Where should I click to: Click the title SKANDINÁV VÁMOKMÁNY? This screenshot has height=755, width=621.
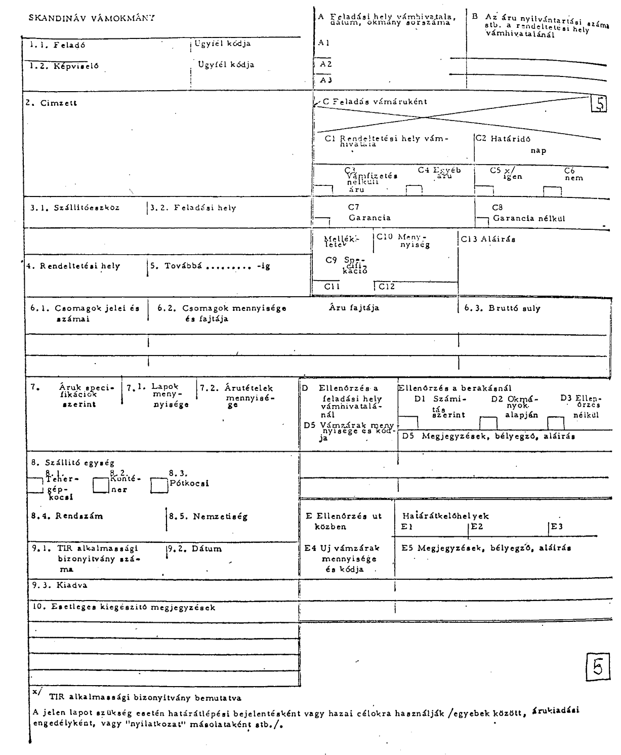[x=92, y=18]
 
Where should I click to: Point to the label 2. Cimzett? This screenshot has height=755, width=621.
[x=52, y=103]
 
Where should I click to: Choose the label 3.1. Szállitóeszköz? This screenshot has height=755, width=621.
[x=75, y=208]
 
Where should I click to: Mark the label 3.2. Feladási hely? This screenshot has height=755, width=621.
[x=193, y=208]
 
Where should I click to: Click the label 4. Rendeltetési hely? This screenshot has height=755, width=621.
[x=73, y=266]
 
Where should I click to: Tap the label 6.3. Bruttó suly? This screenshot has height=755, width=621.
[x=502, y=308]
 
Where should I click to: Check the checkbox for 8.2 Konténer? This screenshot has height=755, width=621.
[x=101, y=485]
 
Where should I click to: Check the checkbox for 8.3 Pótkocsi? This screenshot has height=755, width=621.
[x=159, y=485]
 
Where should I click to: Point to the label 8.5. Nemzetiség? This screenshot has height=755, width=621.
[x=208, y=516]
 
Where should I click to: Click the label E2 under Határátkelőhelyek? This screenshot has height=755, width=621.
[x=477, y=527]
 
